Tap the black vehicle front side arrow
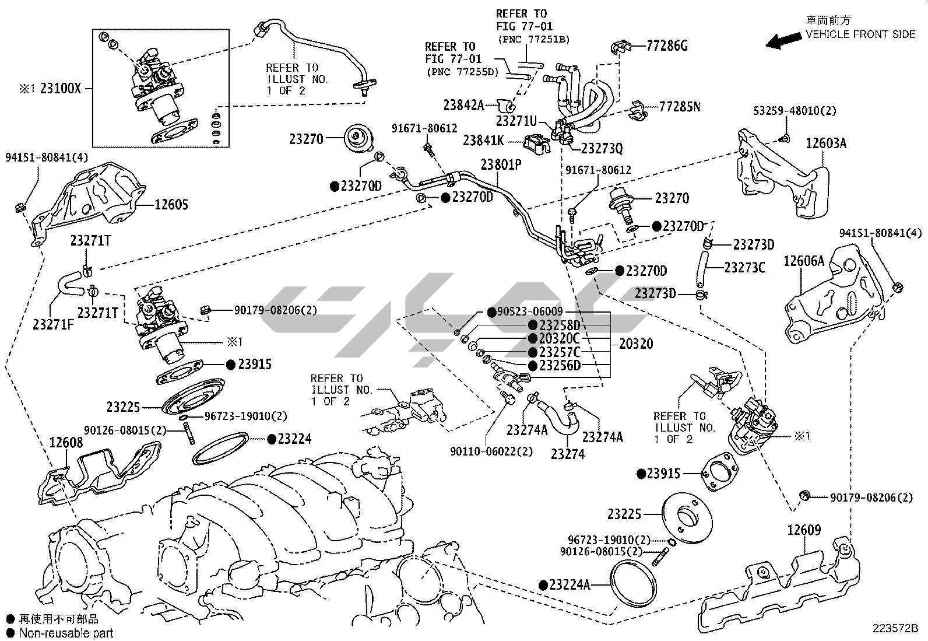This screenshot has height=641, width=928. pyautogui.click(x=783, y=41)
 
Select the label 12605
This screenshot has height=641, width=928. pyautogui.click(x=171, y=205)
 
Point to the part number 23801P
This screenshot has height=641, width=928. pyautogui.click(x=501, y=164)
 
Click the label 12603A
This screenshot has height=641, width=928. pyautogui.click(x=825, y=143)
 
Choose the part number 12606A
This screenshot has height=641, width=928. pyautogui.click(x=803, y=261)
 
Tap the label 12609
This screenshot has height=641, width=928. pyautogui.click(x=804, y=530)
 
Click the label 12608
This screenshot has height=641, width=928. pyautogui.click(x=65, y=443)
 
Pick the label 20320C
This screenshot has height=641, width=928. pyautogui.click(x=559, y=338)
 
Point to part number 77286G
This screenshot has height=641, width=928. pyautogui.click(x=667, y=45)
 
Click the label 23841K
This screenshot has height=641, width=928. pyautogui.click(x=483, y=141)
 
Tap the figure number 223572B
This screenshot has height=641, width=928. pyautogui.click(x=895, y=628)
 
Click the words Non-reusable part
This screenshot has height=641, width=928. pyautogui.click(x=66, y=632)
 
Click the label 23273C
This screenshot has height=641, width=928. pyautogui.click(x=744, y=268)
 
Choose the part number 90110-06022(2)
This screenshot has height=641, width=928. pyautogui.click(x=491, y=451)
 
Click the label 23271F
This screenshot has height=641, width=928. pyautogui.click(x=53, y=325)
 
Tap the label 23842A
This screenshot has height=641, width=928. pyautogui.click(x=463, y=105)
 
